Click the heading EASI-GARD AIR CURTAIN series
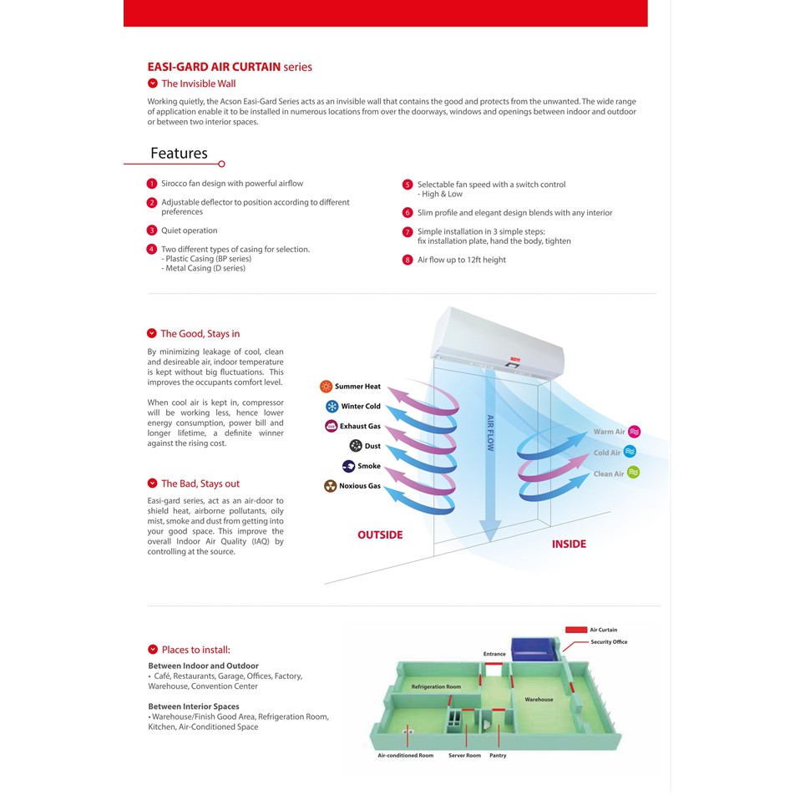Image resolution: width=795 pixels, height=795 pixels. click(230, 67)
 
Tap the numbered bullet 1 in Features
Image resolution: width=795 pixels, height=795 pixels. click(152, 184)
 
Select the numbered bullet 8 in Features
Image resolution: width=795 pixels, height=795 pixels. click(408, 260)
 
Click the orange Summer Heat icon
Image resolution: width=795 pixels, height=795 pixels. click(326, 387)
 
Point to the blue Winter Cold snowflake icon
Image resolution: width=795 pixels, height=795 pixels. click(332, 407)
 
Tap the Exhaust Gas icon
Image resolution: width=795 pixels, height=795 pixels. click(331, 426)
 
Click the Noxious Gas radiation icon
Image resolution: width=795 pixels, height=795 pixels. click(331, 486)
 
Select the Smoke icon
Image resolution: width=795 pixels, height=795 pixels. click(348, 466)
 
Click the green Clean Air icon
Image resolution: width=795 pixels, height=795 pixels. click(634, 473)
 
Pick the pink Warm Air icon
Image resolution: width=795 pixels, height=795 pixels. click(634, 432)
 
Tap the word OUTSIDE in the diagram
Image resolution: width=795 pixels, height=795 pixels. click(380, 535)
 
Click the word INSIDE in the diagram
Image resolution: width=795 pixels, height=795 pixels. click(569, 544)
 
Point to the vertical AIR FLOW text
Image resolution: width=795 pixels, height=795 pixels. click(490, 433)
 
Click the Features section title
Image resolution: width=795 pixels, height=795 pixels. click(179, 154)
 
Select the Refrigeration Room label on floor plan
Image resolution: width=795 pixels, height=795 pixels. click(436, 686)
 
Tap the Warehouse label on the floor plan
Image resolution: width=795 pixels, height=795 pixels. click(539, 699)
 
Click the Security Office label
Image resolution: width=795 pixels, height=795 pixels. click(609, 642)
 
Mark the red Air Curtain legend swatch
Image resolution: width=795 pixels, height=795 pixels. click(575, 630)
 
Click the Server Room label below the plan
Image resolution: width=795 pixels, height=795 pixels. click(464, 756)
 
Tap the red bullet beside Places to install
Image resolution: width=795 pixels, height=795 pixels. click(153, 650)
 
